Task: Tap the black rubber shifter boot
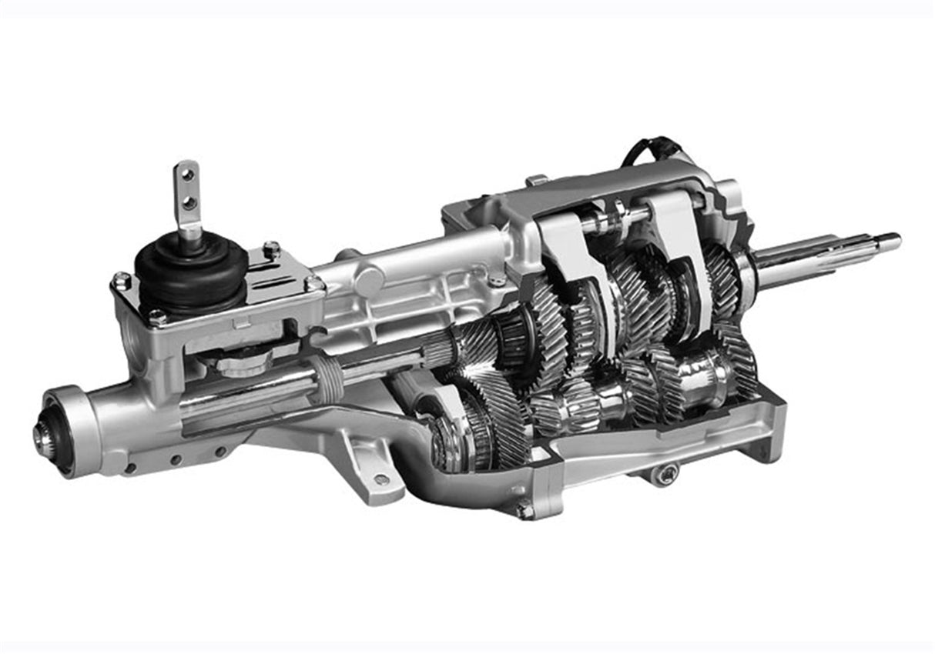click(x=190, y=272)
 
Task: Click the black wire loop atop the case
click(x=651, y=149)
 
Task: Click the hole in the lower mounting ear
click(x=380, y=480)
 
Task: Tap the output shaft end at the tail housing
click(x=42, y=435)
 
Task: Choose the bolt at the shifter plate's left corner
click(x=121, y=281)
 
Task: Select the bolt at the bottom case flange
click(x=525, y=510)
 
